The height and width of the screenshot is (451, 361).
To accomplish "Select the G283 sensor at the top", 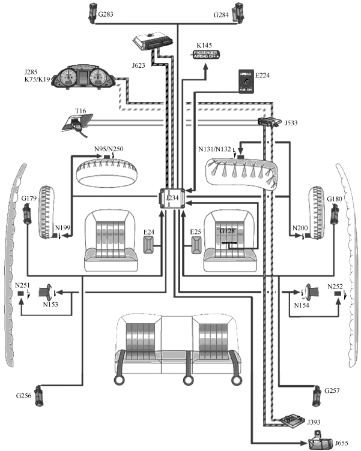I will (93, 12).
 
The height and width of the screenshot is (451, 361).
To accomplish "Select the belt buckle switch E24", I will (150, 246).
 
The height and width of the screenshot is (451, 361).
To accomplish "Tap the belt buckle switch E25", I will (198, 246).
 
